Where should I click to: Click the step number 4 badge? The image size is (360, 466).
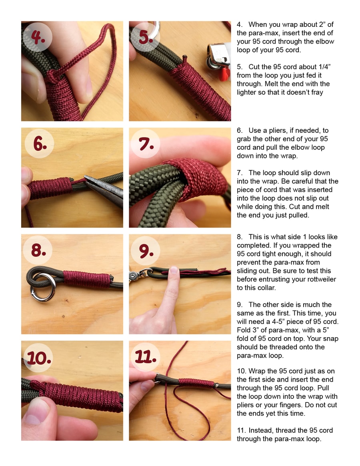point(38,38)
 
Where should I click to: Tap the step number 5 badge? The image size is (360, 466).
point(145,38)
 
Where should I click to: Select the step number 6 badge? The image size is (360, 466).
point(40,144)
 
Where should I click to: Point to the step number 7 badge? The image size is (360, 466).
point(146,144)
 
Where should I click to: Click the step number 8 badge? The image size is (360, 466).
point(38,250)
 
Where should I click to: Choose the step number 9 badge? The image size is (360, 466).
point(146,250)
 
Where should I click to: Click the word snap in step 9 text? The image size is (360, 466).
point(330,338)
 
